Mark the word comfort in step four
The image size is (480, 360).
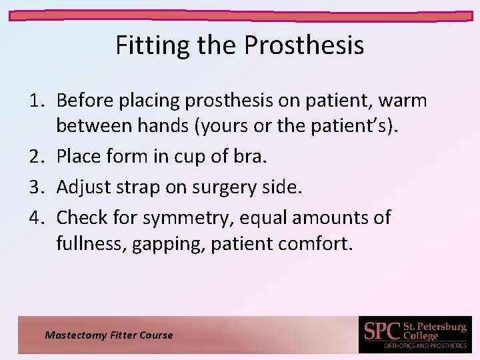(313, 243)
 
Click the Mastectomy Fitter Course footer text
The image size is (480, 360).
(109, 335)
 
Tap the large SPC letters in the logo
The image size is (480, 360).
(382, 331)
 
